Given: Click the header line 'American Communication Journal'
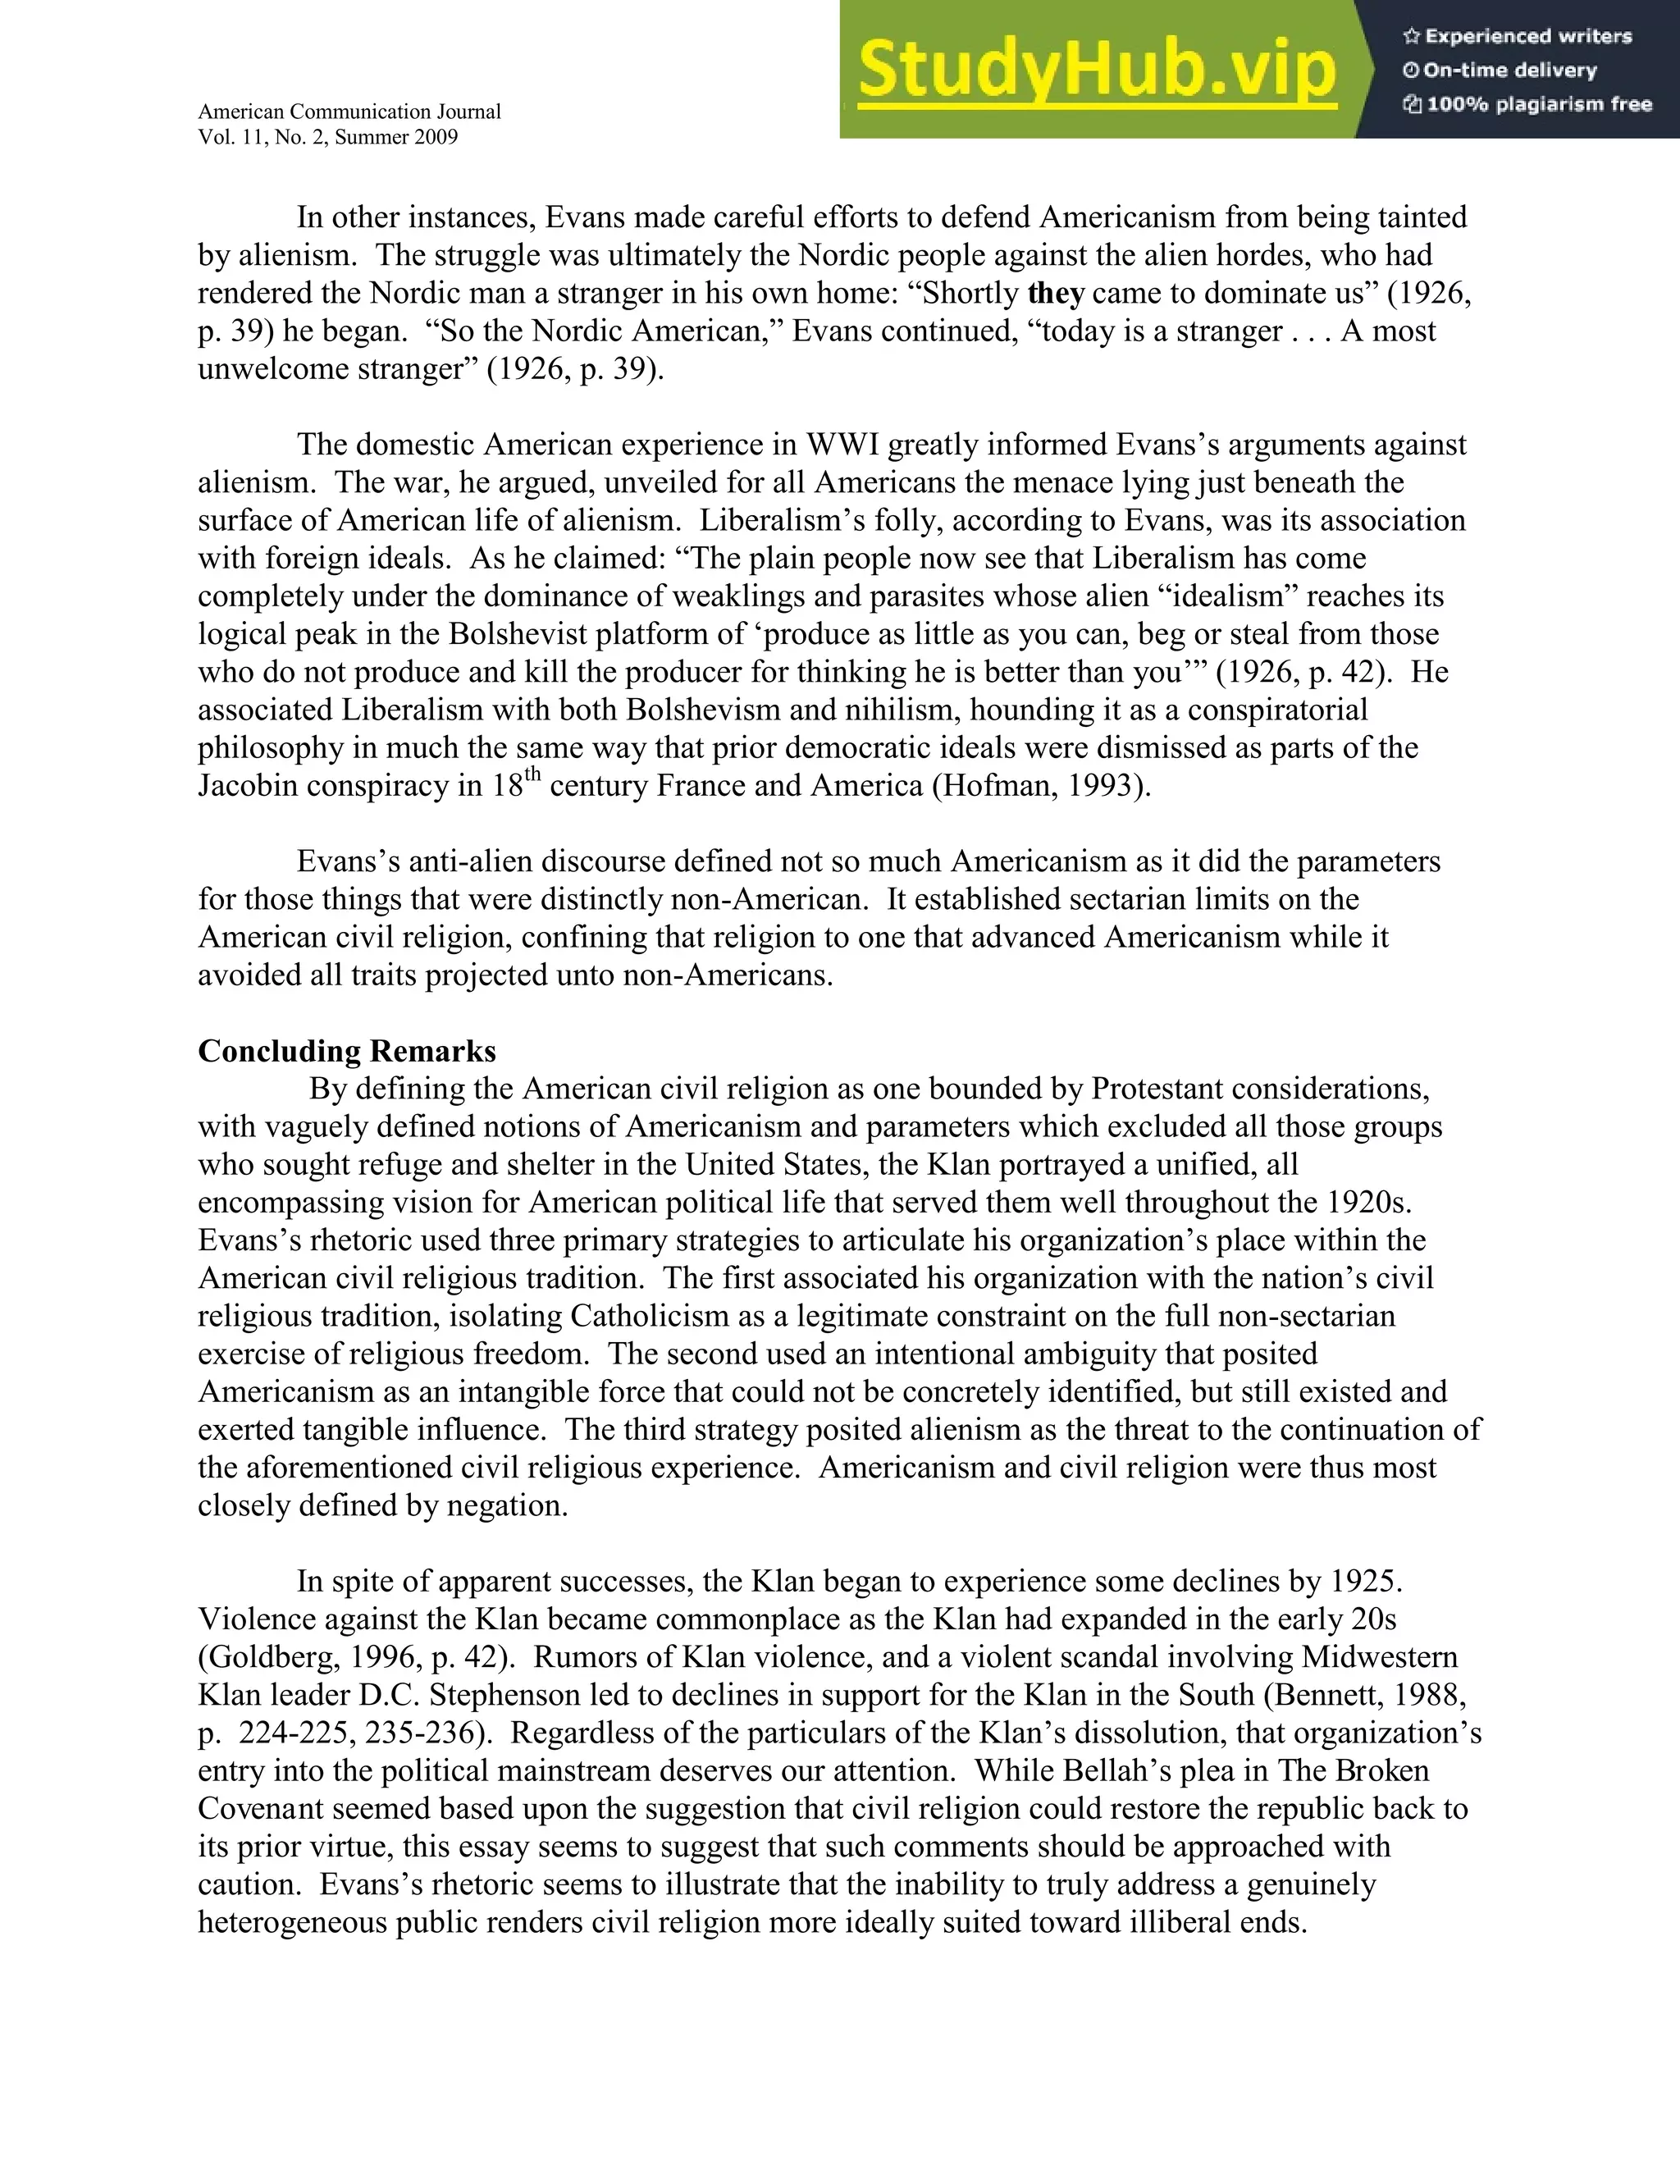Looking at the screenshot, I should coord(349,112).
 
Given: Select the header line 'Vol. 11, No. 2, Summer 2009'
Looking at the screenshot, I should coord(327,137).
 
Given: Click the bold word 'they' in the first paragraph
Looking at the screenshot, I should coord(1055,294).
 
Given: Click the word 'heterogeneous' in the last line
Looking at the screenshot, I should coord(293,1922).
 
